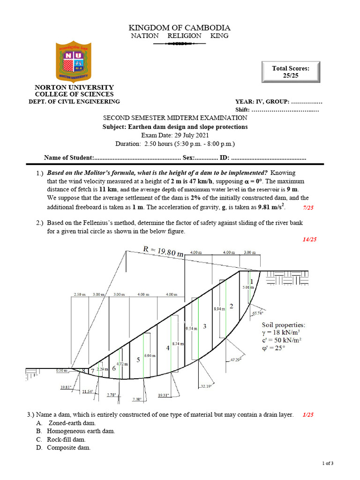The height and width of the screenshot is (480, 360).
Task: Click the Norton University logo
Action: (74, 63)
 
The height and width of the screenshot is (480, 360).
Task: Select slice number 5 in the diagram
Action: (138, 360)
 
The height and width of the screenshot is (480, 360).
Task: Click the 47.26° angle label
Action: (235, 360)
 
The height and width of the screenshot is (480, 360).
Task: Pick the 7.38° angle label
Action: (137, 399)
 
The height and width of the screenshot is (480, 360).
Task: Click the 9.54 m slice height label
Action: (191, 329)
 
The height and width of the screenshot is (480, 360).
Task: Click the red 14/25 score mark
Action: (309, 240)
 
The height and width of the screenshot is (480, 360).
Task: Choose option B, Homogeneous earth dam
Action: (81, 431)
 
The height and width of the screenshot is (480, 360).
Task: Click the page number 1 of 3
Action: (327, 464)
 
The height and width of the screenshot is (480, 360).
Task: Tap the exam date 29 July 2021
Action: (175, 135)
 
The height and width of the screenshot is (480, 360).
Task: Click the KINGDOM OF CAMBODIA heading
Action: (180, 28)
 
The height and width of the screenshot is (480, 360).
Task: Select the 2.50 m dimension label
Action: (79, 294)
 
